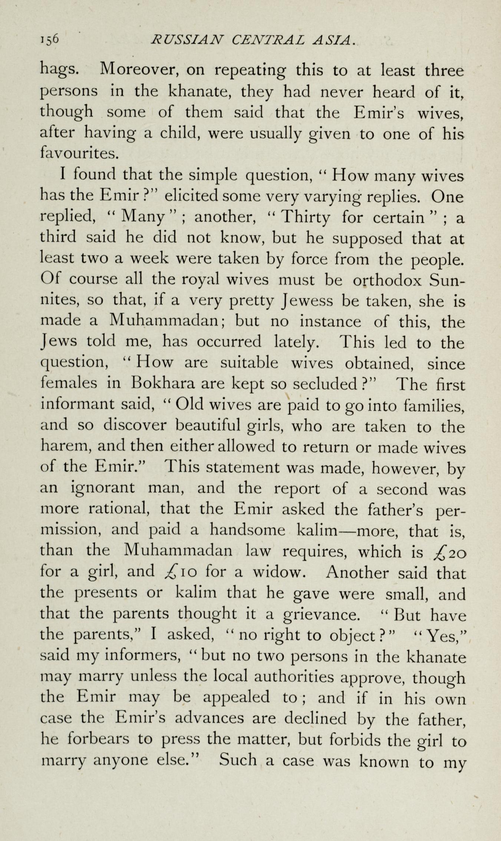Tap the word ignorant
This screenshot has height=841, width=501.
coord(102,489)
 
